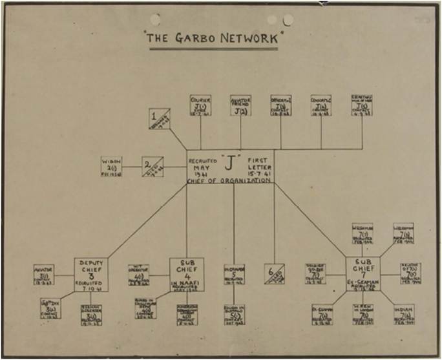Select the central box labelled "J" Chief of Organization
coord(229,167)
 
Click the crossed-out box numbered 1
coord(158,118)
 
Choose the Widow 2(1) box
coord(112,165)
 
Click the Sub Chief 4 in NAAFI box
coord(187,275)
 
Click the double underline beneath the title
coord(220,48)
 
